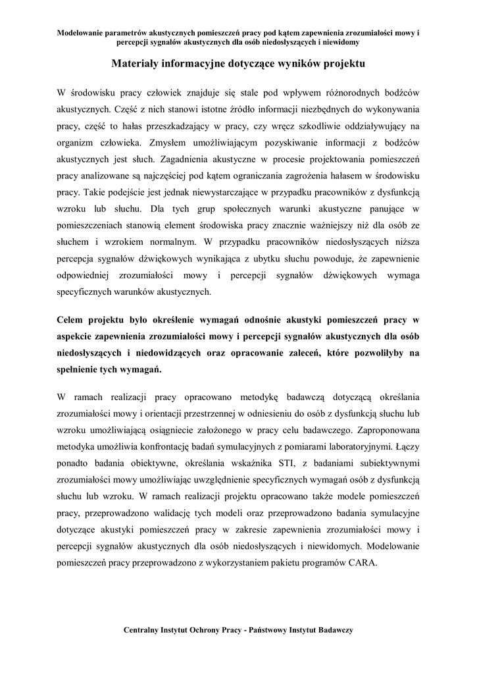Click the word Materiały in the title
[138, 64]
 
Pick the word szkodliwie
[328, 124]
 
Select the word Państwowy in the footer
[272, 630]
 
